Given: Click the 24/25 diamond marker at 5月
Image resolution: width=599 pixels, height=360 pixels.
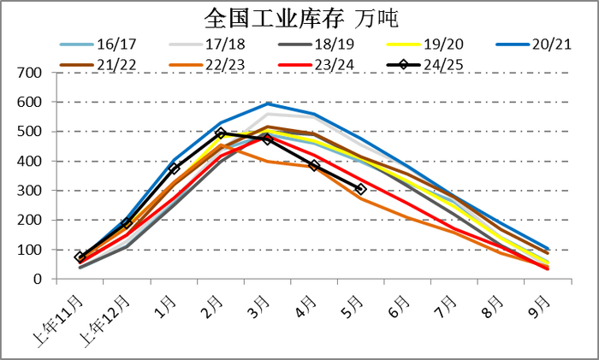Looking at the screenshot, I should tap(361, 189).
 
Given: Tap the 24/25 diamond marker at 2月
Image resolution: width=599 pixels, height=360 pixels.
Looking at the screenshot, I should tap(221, 133).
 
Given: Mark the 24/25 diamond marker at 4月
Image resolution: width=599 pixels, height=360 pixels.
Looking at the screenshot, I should tap(314, 166).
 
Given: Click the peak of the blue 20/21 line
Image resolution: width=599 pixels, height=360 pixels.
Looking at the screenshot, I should tap(268, 103).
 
